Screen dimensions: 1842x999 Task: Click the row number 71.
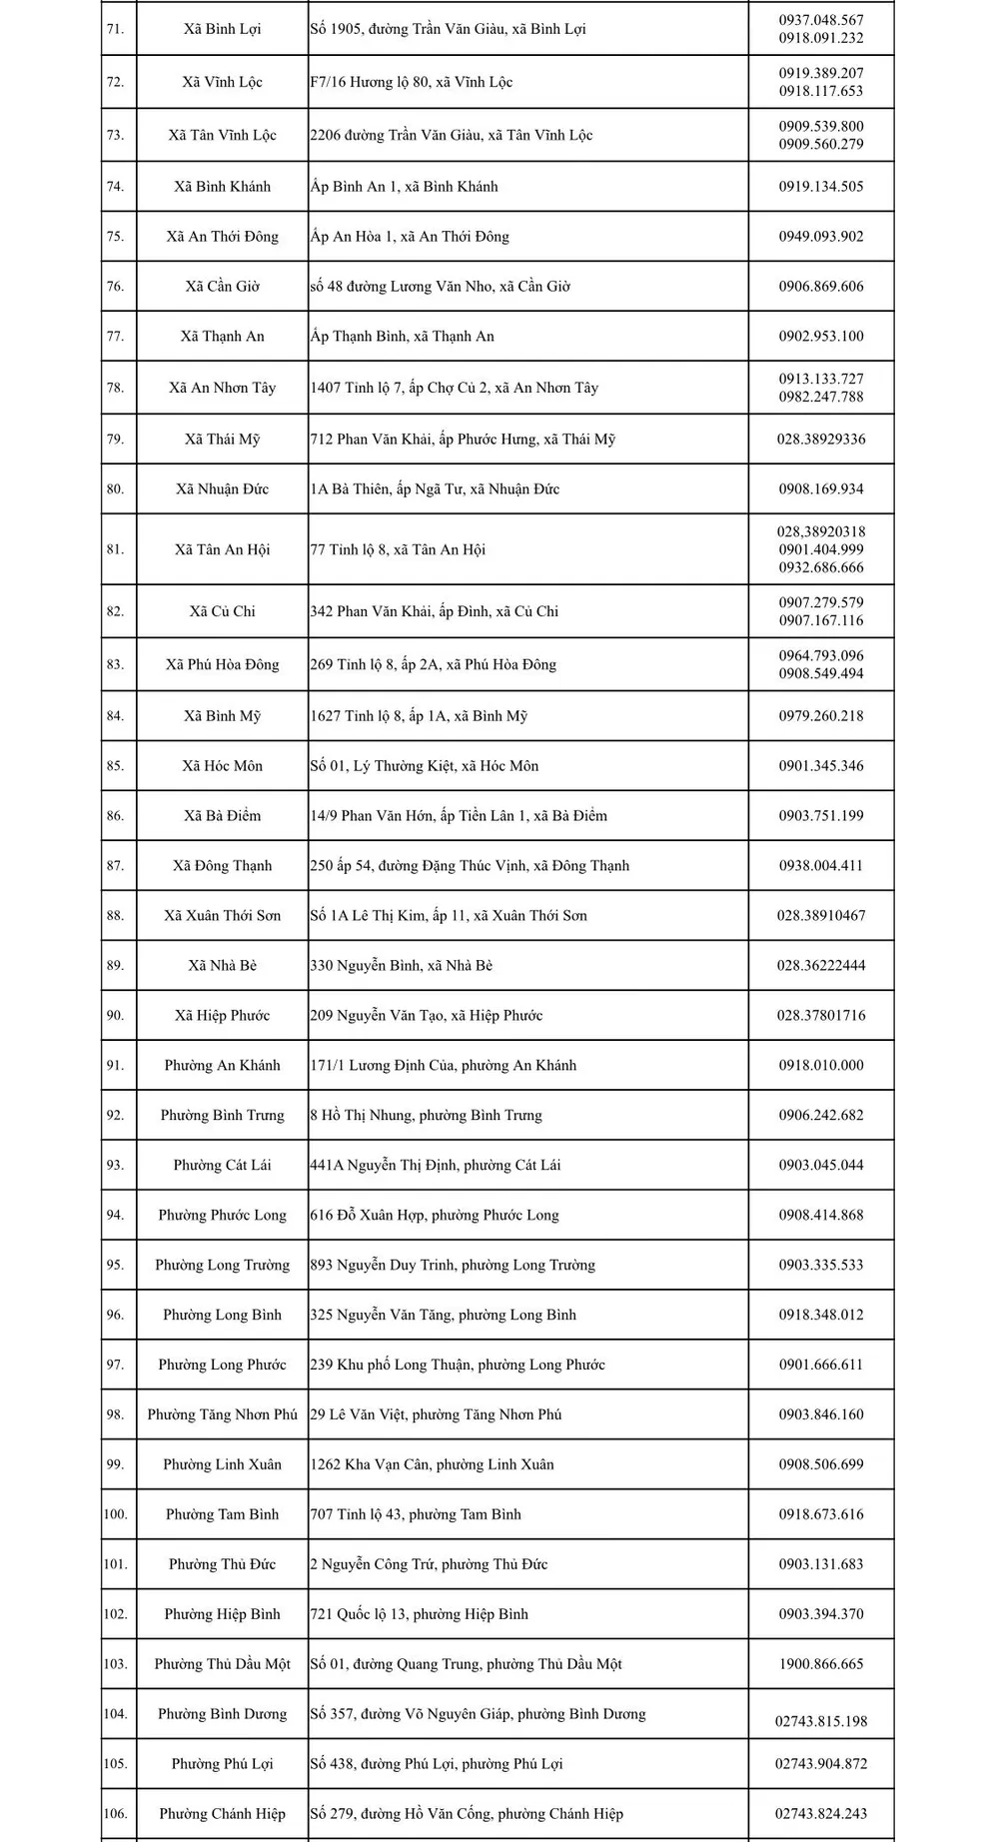115,29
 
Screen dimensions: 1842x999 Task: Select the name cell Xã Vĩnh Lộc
222,82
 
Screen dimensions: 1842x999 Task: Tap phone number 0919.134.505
821,187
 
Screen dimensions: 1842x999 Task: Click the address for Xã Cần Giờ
440,287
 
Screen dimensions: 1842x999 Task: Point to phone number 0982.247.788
821,397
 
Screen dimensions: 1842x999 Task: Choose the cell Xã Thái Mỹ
222,440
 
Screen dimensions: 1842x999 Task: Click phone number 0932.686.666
821,567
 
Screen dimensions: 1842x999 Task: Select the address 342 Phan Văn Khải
434,611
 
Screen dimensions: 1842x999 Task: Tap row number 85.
115,766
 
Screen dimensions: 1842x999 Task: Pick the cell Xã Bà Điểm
222,816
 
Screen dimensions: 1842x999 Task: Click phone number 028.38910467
821,916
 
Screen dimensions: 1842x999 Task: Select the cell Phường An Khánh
222,1066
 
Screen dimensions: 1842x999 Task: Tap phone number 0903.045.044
821,1166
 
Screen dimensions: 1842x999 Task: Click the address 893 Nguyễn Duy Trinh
452,1266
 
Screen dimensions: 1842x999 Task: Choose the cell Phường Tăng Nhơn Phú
222,1415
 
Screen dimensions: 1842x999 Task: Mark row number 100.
115,1515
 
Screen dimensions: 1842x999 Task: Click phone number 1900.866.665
821,1665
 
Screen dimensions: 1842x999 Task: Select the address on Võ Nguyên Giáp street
478,1715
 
